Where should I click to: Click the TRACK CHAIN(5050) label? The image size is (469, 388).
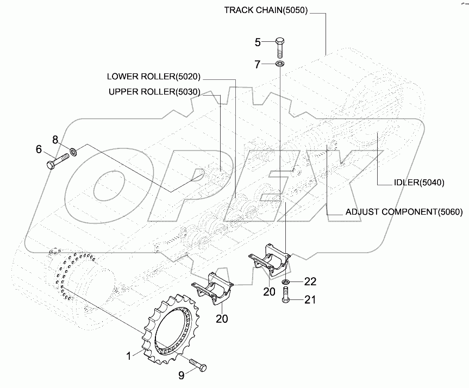pyautogui.click(x=266, y=10)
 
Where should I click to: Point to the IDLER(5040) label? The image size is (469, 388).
pyautogui.click(x=419, y=183)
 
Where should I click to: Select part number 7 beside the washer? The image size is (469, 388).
pyautogui.click(x=258, y=65)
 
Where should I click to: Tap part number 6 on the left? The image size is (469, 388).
pyautogui.click(x=39, y=149)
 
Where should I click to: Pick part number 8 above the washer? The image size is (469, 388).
pyautogui.click(x=55, y=140)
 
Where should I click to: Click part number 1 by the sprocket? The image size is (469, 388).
pyautogui.click(x=129, y=356)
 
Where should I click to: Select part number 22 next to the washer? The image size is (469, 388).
pyautogui.click(x=309, y=281)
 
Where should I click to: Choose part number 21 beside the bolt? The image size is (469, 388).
pyautogui.click(x=309, y=299)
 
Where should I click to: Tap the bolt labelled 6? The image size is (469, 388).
pyautogui.click(x=57, y=161)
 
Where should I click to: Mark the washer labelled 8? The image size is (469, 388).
pyautogui.click(x=73, y=150)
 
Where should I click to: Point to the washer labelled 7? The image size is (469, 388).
pyautogui.click(x=279, y=65)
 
